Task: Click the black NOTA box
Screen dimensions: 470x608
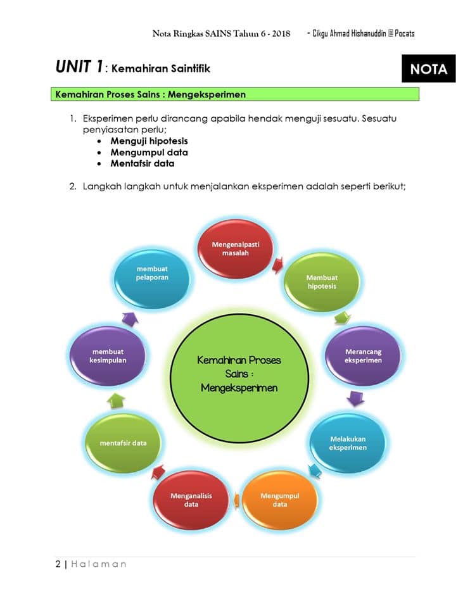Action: pos(428,68)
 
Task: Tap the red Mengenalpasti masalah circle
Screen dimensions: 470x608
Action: pos(236,248)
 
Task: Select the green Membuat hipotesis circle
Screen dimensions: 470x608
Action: pos(322,282)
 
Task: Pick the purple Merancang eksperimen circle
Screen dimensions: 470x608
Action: pos(363,356)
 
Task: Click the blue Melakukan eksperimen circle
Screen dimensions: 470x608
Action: pos(348,443)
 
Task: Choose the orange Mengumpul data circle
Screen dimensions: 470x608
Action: pos(279,500)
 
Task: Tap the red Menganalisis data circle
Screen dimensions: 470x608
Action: pos(191,500)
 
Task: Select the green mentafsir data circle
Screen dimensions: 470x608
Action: pos(123,443)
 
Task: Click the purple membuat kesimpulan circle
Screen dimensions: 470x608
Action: pos(108,356)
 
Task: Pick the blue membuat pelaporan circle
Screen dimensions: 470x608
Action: pos(152,273)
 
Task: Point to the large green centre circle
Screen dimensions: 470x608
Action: pos(239,378)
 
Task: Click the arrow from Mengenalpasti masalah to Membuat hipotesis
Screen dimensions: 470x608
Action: pos(277,265)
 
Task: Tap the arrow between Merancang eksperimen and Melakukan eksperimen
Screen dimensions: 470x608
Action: pos(355,398)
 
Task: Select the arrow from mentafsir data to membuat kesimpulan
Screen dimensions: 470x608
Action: pos(116,401)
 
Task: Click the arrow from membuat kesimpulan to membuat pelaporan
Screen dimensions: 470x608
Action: pos(130,319)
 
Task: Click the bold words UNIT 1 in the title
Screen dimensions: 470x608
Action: pos(79,66)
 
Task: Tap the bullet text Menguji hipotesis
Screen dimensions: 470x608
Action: pos(149,141)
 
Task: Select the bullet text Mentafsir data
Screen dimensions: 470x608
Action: pos(143,163)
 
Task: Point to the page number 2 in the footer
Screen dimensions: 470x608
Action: pos(58,564)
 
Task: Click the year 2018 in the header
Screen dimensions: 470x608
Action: pos(281,34)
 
